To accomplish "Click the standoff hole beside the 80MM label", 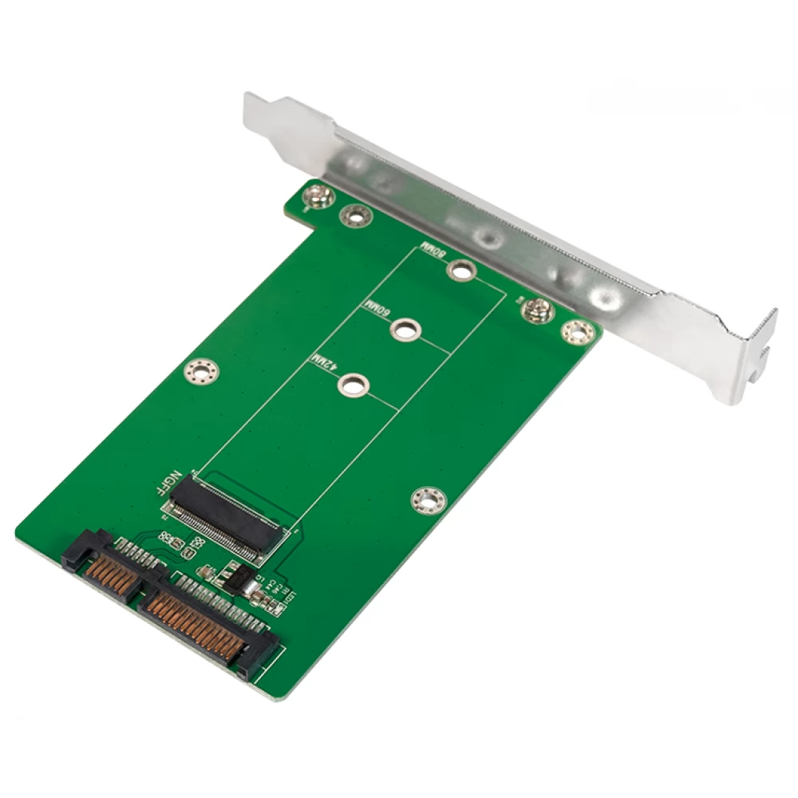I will pyautogui.click(x=461, y=271).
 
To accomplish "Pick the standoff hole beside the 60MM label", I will pyautogui.click(x=405, y=328).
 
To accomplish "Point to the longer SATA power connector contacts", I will pyautogui.click(x=206, y=621).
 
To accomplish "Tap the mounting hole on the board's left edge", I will pyautogui.click(x=199, y=370).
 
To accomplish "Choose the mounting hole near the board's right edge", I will pyautogui.click(x=429, y=500).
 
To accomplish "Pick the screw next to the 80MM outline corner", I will pyautogui.click(x=537, y=310).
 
